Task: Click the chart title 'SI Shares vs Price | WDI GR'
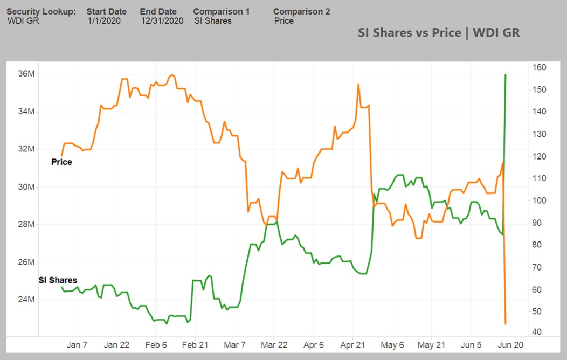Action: (x=439, y=33)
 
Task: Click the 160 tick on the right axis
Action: (x=539, y=67)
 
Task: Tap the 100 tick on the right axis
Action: (x=539, y=200)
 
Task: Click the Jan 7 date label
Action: (x=77, y=345)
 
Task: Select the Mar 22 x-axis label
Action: (x=273, y=345)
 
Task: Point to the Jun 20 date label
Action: (x=509, y=345)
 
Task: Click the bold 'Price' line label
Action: (x=61, y=162)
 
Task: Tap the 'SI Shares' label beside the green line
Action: (x=58, y=280)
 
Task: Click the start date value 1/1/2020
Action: (x=104, y=21)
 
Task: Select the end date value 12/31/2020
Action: (x=162, y=21)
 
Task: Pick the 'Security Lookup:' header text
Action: (x=41, y=11)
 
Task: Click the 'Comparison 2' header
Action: (x=302, y=11)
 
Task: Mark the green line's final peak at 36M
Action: (x=505, y=75)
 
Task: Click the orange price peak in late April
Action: (x=358, y=85)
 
